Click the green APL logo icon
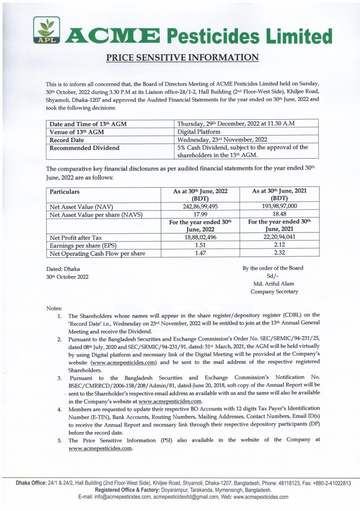[x=46, y=30]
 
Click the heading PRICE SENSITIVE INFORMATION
[x=182, y=57]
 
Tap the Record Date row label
[x=67, y=139]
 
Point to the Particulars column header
[x=64, y=191]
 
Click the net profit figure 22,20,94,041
[x=279, y=238]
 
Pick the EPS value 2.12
[x=279, y=246]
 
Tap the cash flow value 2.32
[x=279, y=254]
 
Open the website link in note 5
[x=100, y=448]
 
